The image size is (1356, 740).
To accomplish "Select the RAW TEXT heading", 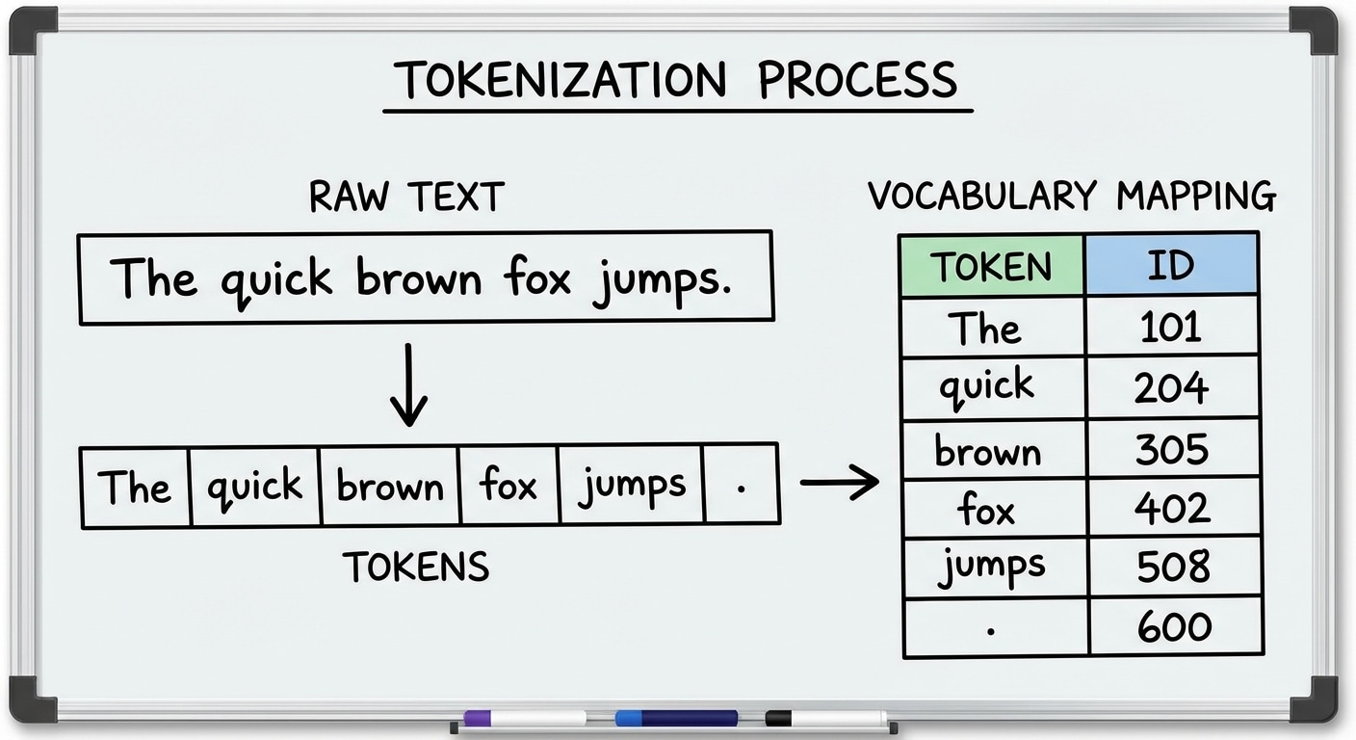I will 406,197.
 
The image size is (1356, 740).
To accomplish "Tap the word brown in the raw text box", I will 418,277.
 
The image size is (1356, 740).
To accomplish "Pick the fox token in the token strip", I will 508,486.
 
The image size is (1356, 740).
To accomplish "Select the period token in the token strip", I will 741,487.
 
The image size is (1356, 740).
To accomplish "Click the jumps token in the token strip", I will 632,486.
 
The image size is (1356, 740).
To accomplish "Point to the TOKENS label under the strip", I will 416,568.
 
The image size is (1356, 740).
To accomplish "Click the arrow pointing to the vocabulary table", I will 839,481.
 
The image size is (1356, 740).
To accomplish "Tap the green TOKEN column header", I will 991,265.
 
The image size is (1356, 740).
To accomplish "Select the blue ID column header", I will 1171,265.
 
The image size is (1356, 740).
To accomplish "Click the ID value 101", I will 1171,328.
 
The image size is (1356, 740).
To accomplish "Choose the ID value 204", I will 1171,387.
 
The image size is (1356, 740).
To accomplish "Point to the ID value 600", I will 1173,627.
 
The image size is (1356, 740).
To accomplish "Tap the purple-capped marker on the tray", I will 524,719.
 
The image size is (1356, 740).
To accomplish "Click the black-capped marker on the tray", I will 826,719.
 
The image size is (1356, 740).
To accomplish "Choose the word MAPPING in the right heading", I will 1196,196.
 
